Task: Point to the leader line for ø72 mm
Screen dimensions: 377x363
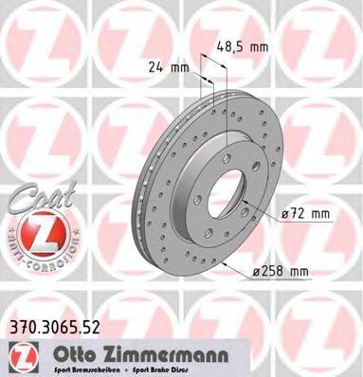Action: pos(265,214)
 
